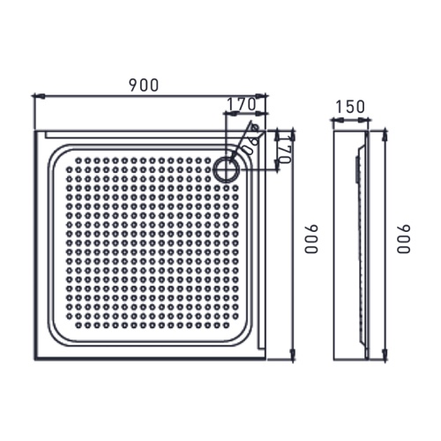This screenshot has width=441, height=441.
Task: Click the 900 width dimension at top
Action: [143, 85]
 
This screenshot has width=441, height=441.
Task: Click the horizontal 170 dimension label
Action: [241, 104]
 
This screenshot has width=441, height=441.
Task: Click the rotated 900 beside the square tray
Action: [310, 239]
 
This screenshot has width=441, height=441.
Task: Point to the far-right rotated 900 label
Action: [404, 239]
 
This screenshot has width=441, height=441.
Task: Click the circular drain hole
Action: [226, 166]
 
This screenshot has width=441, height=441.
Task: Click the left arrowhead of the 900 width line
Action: [36, 94]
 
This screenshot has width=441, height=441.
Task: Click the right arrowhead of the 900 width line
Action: [264, 94]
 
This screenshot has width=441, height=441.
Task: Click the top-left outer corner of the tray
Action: [35, 131]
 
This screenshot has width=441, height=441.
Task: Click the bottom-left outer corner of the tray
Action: [35, 359]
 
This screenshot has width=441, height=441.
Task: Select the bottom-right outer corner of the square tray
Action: [265, 359]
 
